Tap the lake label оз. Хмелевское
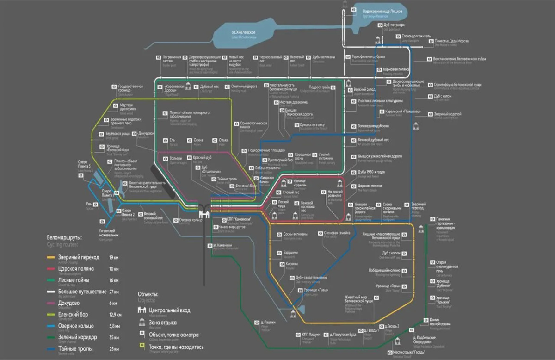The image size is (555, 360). click(x=244, y=32)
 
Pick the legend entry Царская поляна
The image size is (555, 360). click(x=76, y=269)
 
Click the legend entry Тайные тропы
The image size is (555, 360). click(x=76, y=348)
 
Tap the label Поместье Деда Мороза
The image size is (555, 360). click(x=451, y=41)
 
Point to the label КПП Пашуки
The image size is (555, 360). click(x=311, y=334)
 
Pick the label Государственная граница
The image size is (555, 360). click(x=130, y=88)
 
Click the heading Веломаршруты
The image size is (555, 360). click(x=64, y=237)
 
